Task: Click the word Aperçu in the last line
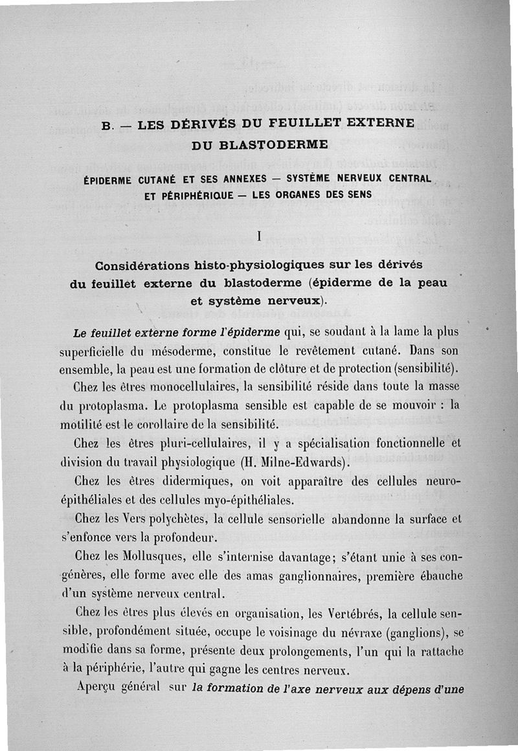(98, 687)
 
